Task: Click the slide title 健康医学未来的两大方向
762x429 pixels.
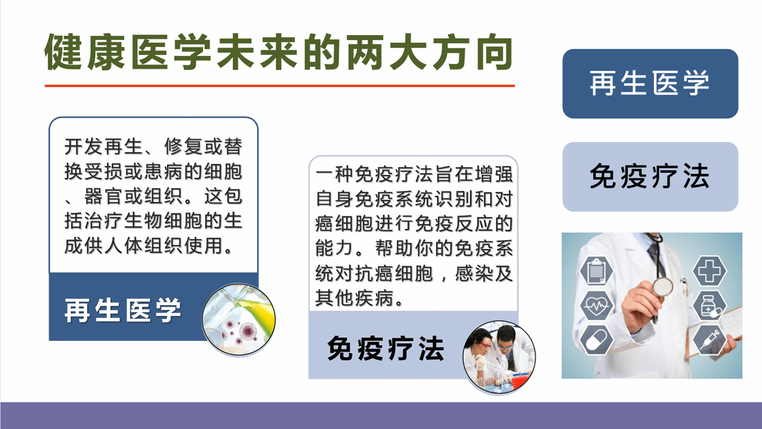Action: point(279,52)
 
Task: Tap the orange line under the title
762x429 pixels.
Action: point(279,85)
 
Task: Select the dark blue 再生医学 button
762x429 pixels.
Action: point(650,83)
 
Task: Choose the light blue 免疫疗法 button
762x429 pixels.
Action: point(650,177)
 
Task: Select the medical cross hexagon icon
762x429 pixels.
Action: point(710,271)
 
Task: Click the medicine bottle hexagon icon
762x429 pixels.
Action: point(710,306)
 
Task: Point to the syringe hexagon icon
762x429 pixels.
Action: point(710,340)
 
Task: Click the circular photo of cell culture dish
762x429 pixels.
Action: point(239,319)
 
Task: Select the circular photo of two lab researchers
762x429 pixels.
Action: point(499,357)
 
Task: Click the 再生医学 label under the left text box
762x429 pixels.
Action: point(123,310)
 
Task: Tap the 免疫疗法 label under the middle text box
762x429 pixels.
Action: point(385,348)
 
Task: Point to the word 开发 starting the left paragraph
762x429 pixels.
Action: point(84,147)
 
